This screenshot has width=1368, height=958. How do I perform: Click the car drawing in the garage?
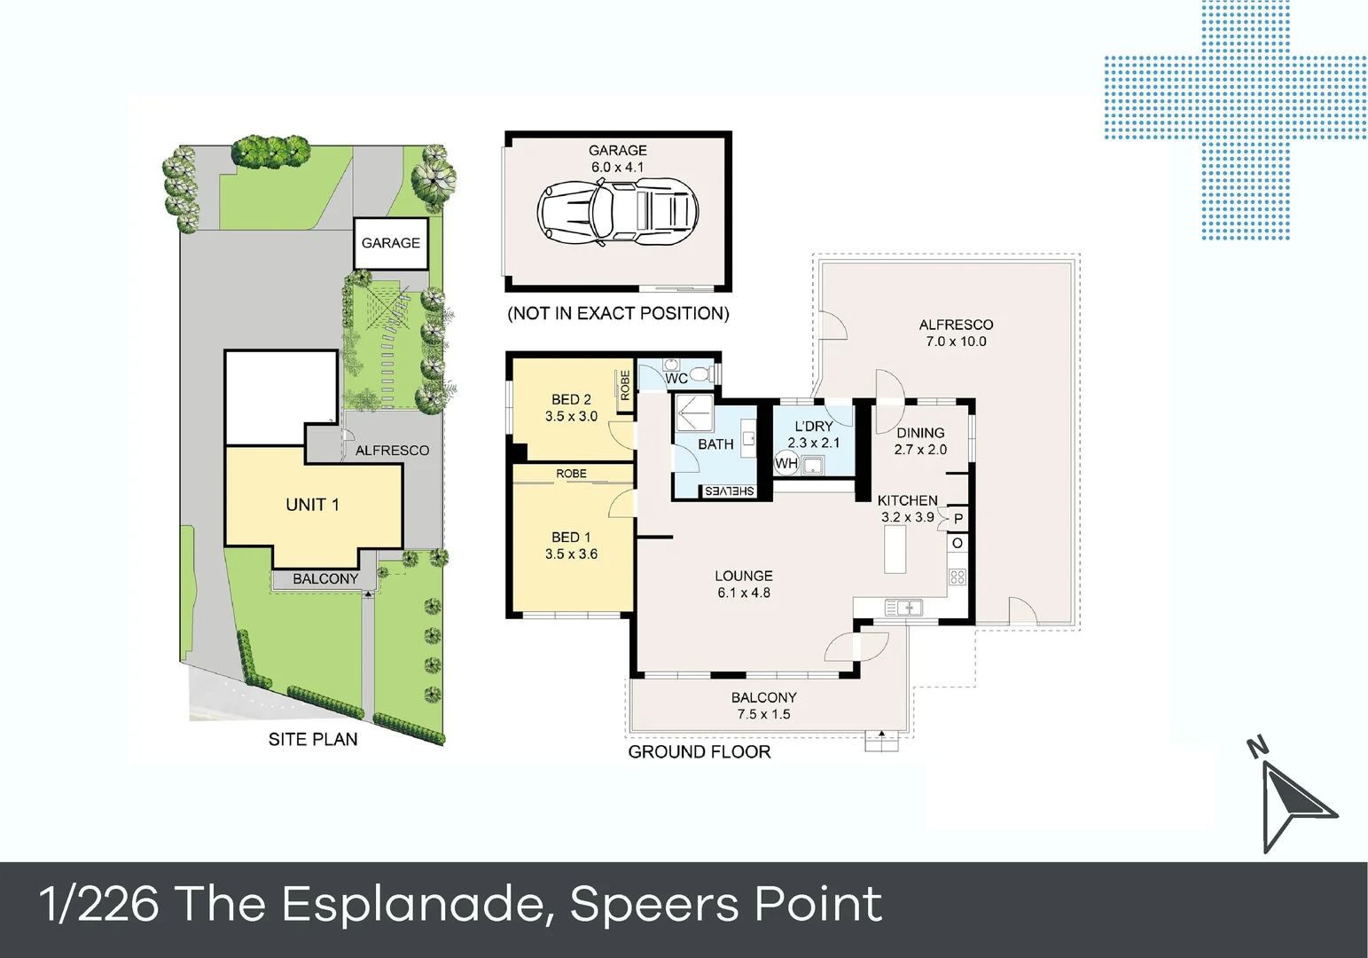coord(618,211)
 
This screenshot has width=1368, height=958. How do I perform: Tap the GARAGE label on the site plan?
coord(390,243)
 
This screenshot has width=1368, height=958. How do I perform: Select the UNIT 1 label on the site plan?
coord(312,505)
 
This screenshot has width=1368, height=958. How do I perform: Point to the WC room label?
coord(676,379)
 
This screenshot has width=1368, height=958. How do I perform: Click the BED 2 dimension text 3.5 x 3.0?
coord(571,416)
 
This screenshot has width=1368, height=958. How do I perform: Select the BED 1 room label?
coord(570,538)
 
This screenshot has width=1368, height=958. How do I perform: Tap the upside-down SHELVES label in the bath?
coord(729,491)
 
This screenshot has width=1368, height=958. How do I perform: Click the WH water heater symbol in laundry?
coord(786,463)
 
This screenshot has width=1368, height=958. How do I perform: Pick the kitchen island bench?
coord(895,549)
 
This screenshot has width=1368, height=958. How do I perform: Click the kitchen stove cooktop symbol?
coord(958,577)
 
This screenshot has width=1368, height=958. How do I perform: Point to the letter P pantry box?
coord(958,519)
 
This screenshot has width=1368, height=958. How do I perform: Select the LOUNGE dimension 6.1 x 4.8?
coord(744,593)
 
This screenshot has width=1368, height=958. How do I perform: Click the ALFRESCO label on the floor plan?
coord(956,325)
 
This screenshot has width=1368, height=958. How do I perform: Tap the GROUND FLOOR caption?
coord(699,752)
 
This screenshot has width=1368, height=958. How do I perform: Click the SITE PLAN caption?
coord(313,739)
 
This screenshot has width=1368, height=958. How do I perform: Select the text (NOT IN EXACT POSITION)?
coord(618,313)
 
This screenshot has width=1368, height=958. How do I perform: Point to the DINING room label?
coord(920,433)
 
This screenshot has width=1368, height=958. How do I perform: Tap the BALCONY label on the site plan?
coord(325,579)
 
